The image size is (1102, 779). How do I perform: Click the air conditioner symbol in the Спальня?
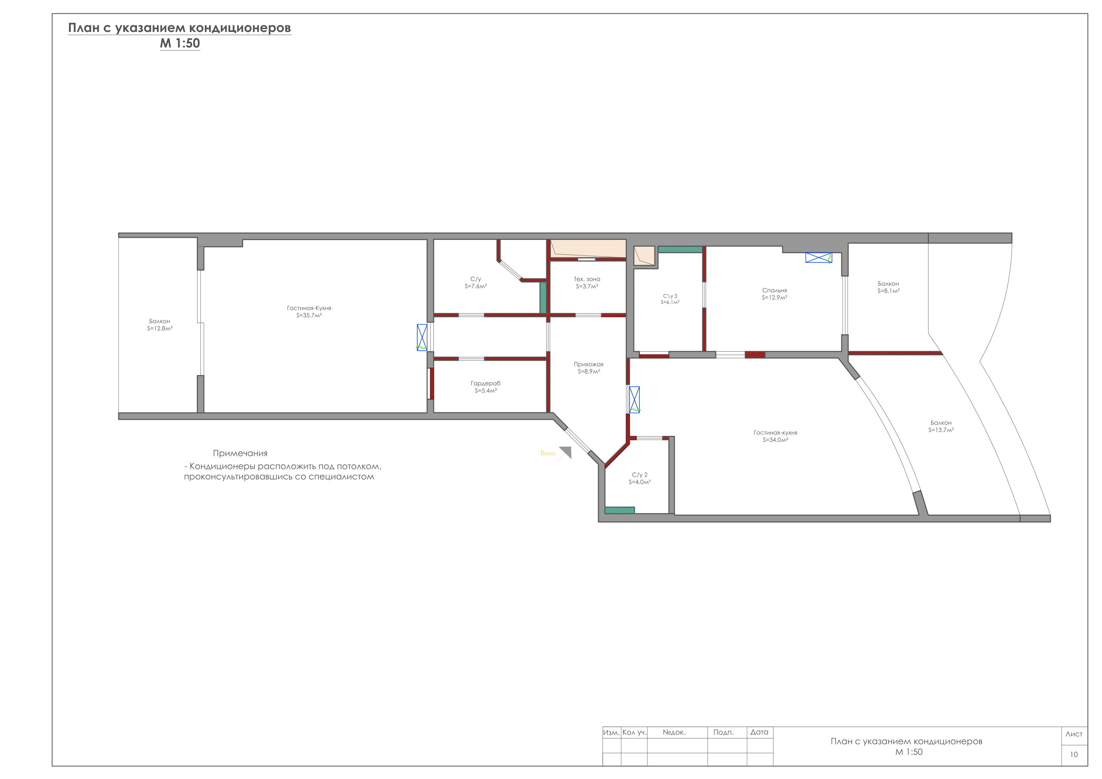pos(818,258)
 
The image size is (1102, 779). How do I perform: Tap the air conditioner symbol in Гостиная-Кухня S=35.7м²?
pos(422,337)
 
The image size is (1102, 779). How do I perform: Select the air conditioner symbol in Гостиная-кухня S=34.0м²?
pos(634,400)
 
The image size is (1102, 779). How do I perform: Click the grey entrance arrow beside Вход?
pos(565,453)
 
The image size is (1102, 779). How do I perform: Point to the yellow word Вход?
pos(548,453)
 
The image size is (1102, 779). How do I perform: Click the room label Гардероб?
pos(486,383)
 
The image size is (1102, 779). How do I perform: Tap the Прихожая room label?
pos(588,364)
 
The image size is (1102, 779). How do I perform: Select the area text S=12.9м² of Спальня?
pos(775,298)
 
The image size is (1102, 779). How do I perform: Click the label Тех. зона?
pos(587,279)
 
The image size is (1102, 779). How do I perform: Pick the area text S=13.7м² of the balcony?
pos(941,430)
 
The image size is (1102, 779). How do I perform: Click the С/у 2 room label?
pos(640,475)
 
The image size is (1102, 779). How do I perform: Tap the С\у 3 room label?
pos(670,296)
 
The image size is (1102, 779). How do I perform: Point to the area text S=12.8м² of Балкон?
pos(160,329)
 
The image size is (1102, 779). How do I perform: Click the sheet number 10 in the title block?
pos(1074,755)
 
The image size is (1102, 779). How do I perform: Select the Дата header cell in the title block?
pos(759,732)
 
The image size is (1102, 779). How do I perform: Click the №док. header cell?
pos(674,732)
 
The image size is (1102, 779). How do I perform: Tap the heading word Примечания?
pos(240,453)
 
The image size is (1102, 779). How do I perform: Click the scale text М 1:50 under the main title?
pos(180,43)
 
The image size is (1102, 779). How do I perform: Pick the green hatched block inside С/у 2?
pos(620,510)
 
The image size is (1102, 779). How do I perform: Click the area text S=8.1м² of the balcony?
pos(889,291)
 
